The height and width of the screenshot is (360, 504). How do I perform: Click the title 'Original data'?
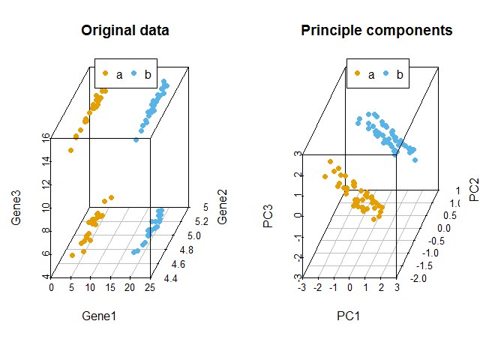125,31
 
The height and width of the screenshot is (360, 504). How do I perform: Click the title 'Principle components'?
376,31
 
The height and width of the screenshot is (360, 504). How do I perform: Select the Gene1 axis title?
99,316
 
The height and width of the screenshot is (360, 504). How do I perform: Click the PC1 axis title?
349,316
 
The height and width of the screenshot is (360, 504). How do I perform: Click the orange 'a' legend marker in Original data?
105,73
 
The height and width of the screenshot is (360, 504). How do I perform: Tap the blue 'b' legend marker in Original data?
134,73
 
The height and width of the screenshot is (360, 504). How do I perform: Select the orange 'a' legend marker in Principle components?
357,73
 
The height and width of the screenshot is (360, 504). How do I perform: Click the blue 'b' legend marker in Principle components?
386,73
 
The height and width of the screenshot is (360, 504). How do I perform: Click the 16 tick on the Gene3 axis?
46,137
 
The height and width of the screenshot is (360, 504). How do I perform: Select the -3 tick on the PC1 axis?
302,287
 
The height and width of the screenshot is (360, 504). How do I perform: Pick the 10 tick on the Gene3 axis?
46,208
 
